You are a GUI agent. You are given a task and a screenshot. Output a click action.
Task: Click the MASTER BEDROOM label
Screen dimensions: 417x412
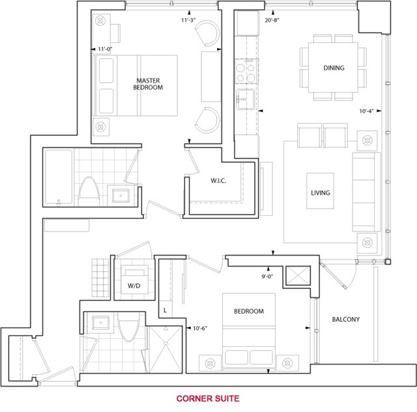point(148,84)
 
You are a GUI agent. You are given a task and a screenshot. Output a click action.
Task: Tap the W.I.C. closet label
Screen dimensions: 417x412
point(218,181)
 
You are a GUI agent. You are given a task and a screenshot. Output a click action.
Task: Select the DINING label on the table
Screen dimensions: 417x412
point(334,68)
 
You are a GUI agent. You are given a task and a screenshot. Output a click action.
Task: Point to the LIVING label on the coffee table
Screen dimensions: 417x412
point(321,193)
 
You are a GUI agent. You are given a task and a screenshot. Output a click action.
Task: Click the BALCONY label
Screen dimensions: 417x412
point(346,319)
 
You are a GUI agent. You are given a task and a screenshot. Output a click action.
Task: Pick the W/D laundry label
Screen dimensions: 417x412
point(134,286)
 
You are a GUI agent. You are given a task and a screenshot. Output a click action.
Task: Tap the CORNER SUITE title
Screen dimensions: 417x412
point(208,398)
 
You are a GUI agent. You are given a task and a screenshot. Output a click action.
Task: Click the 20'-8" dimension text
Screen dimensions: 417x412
point(272,20)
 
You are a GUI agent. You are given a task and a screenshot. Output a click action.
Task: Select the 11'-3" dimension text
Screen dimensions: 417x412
point(188,20)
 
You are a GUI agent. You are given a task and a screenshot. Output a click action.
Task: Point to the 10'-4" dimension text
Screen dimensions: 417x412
point(366,111)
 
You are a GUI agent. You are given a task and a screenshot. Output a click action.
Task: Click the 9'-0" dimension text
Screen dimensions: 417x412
point(267,276)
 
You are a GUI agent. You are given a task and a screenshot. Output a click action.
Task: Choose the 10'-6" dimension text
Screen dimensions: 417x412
point(200,328)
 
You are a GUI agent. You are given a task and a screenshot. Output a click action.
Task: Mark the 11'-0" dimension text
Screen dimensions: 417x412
point(105,49)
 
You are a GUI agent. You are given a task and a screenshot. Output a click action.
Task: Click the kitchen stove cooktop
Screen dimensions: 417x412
point(247,71)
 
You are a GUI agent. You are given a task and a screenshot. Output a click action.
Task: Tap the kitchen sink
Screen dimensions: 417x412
point(246,99)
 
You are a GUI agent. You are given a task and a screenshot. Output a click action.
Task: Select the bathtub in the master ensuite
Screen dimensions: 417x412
point(59,177)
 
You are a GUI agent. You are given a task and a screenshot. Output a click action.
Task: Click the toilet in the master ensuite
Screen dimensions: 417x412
point(89,192)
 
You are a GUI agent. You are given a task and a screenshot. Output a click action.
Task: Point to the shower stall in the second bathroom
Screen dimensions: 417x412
point(165,349)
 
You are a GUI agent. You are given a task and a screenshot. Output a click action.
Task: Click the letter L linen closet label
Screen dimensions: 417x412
point(165,310)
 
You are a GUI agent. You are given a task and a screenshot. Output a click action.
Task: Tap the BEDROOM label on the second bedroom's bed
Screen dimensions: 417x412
point(249,311)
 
